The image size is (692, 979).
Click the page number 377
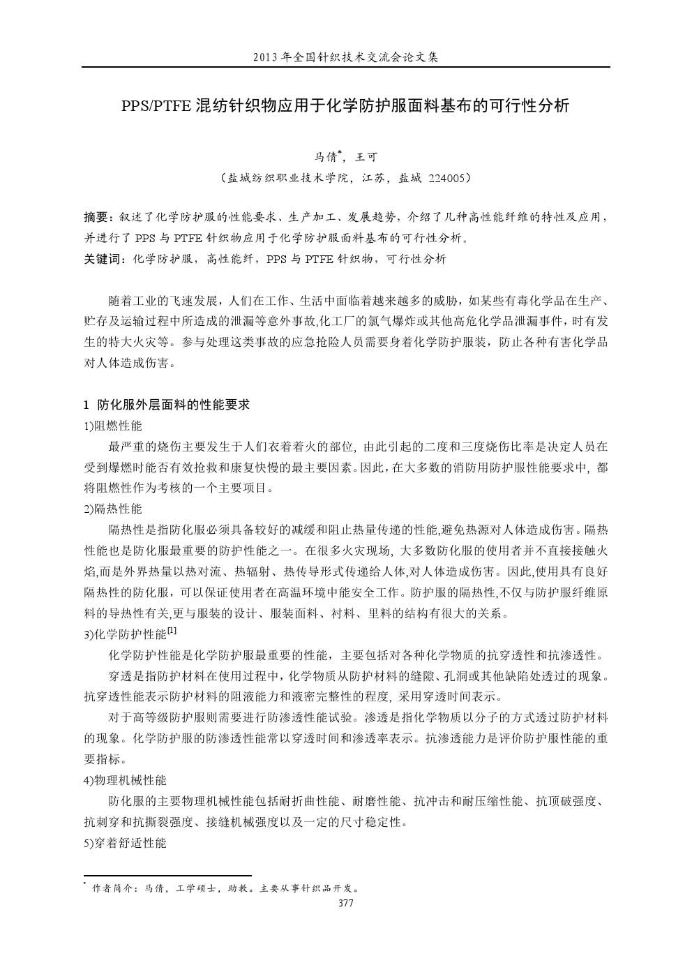point(345,904)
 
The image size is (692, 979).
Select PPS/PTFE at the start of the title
point(157,106)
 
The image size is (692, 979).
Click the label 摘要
point(96,218)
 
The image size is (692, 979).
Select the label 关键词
point(101,259)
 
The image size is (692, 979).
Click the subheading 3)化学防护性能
point(125,634)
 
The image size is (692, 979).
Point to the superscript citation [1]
point(172,631)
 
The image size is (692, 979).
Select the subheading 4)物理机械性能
point(125,780)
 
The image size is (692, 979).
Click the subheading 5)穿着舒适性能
point(125,843)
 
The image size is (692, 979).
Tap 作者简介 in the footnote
point(113,889)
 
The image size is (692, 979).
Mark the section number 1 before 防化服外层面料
point(86,405)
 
